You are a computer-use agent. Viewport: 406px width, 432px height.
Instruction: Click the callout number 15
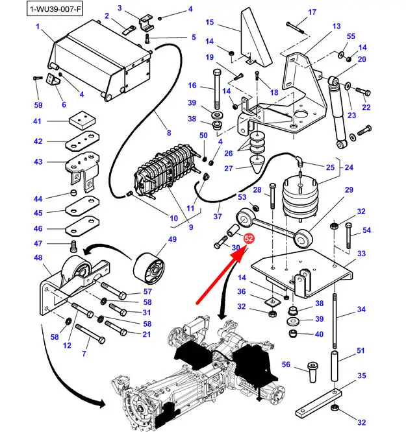pos(209,23)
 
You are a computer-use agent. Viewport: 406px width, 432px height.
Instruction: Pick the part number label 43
pos(37,162)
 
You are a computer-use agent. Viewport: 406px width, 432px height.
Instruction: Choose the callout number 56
pos(286,365)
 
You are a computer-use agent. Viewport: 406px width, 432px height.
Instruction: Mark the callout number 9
pos(191,227)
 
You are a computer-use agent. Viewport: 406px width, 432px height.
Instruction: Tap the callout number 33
pos(361,253)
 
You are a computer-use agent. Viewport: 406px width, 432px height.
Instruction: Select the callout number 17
pos(312,12)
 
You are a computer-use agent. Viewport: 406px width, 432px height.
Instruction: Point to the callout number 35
pos(361,376)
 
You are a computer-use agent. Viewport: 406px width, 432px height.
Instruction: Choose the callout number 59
pos(38,105)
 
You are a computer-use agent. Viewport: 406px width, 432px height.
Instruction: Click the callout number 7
pos(84,354)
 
